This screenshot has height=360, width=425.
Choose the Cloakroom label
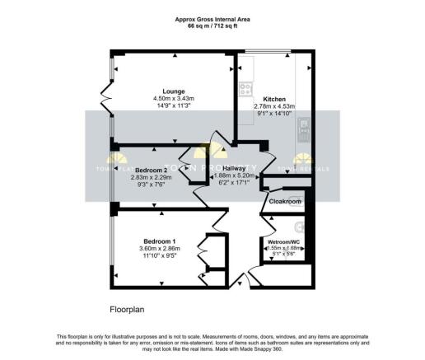point(285,201)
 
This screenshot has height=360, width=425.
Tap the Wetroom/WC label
point(283,241)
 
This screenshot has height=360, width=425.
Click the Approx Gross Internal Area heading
point(212,17)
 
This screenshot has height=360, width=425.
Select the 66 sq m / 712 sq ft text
point(212,25)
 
